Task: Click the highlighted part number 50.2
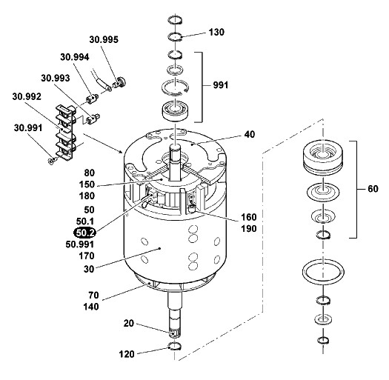click(84, 233)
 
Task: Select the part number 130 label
click(216, 33)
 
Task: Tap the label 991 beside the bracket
click(220, 85)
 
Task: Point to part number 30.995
click(104, 40)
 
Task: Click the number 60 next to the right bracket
click(373, 189)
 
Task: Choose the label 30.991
click(28, 128)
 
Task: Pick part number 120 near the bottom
click(127, 354)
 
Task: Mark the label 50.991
click(79, 244)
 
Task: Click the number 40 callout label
click(250, 134)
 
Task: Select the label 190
click(249, 229)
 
